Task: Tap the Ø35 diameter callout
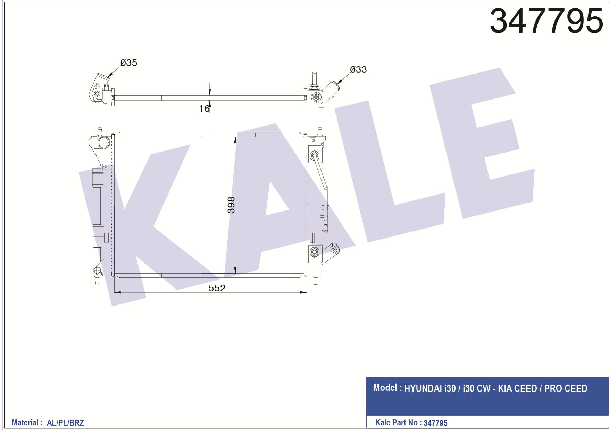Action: (129, 63)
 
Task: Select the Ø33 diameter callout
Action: (358, 70)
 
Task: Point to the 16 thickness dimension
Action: (204, 109)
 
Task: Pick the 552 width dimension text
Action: (217, 288)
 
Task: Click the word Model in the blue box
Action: (385, 387)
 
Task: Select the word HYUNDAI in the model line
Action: (423, 388)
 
